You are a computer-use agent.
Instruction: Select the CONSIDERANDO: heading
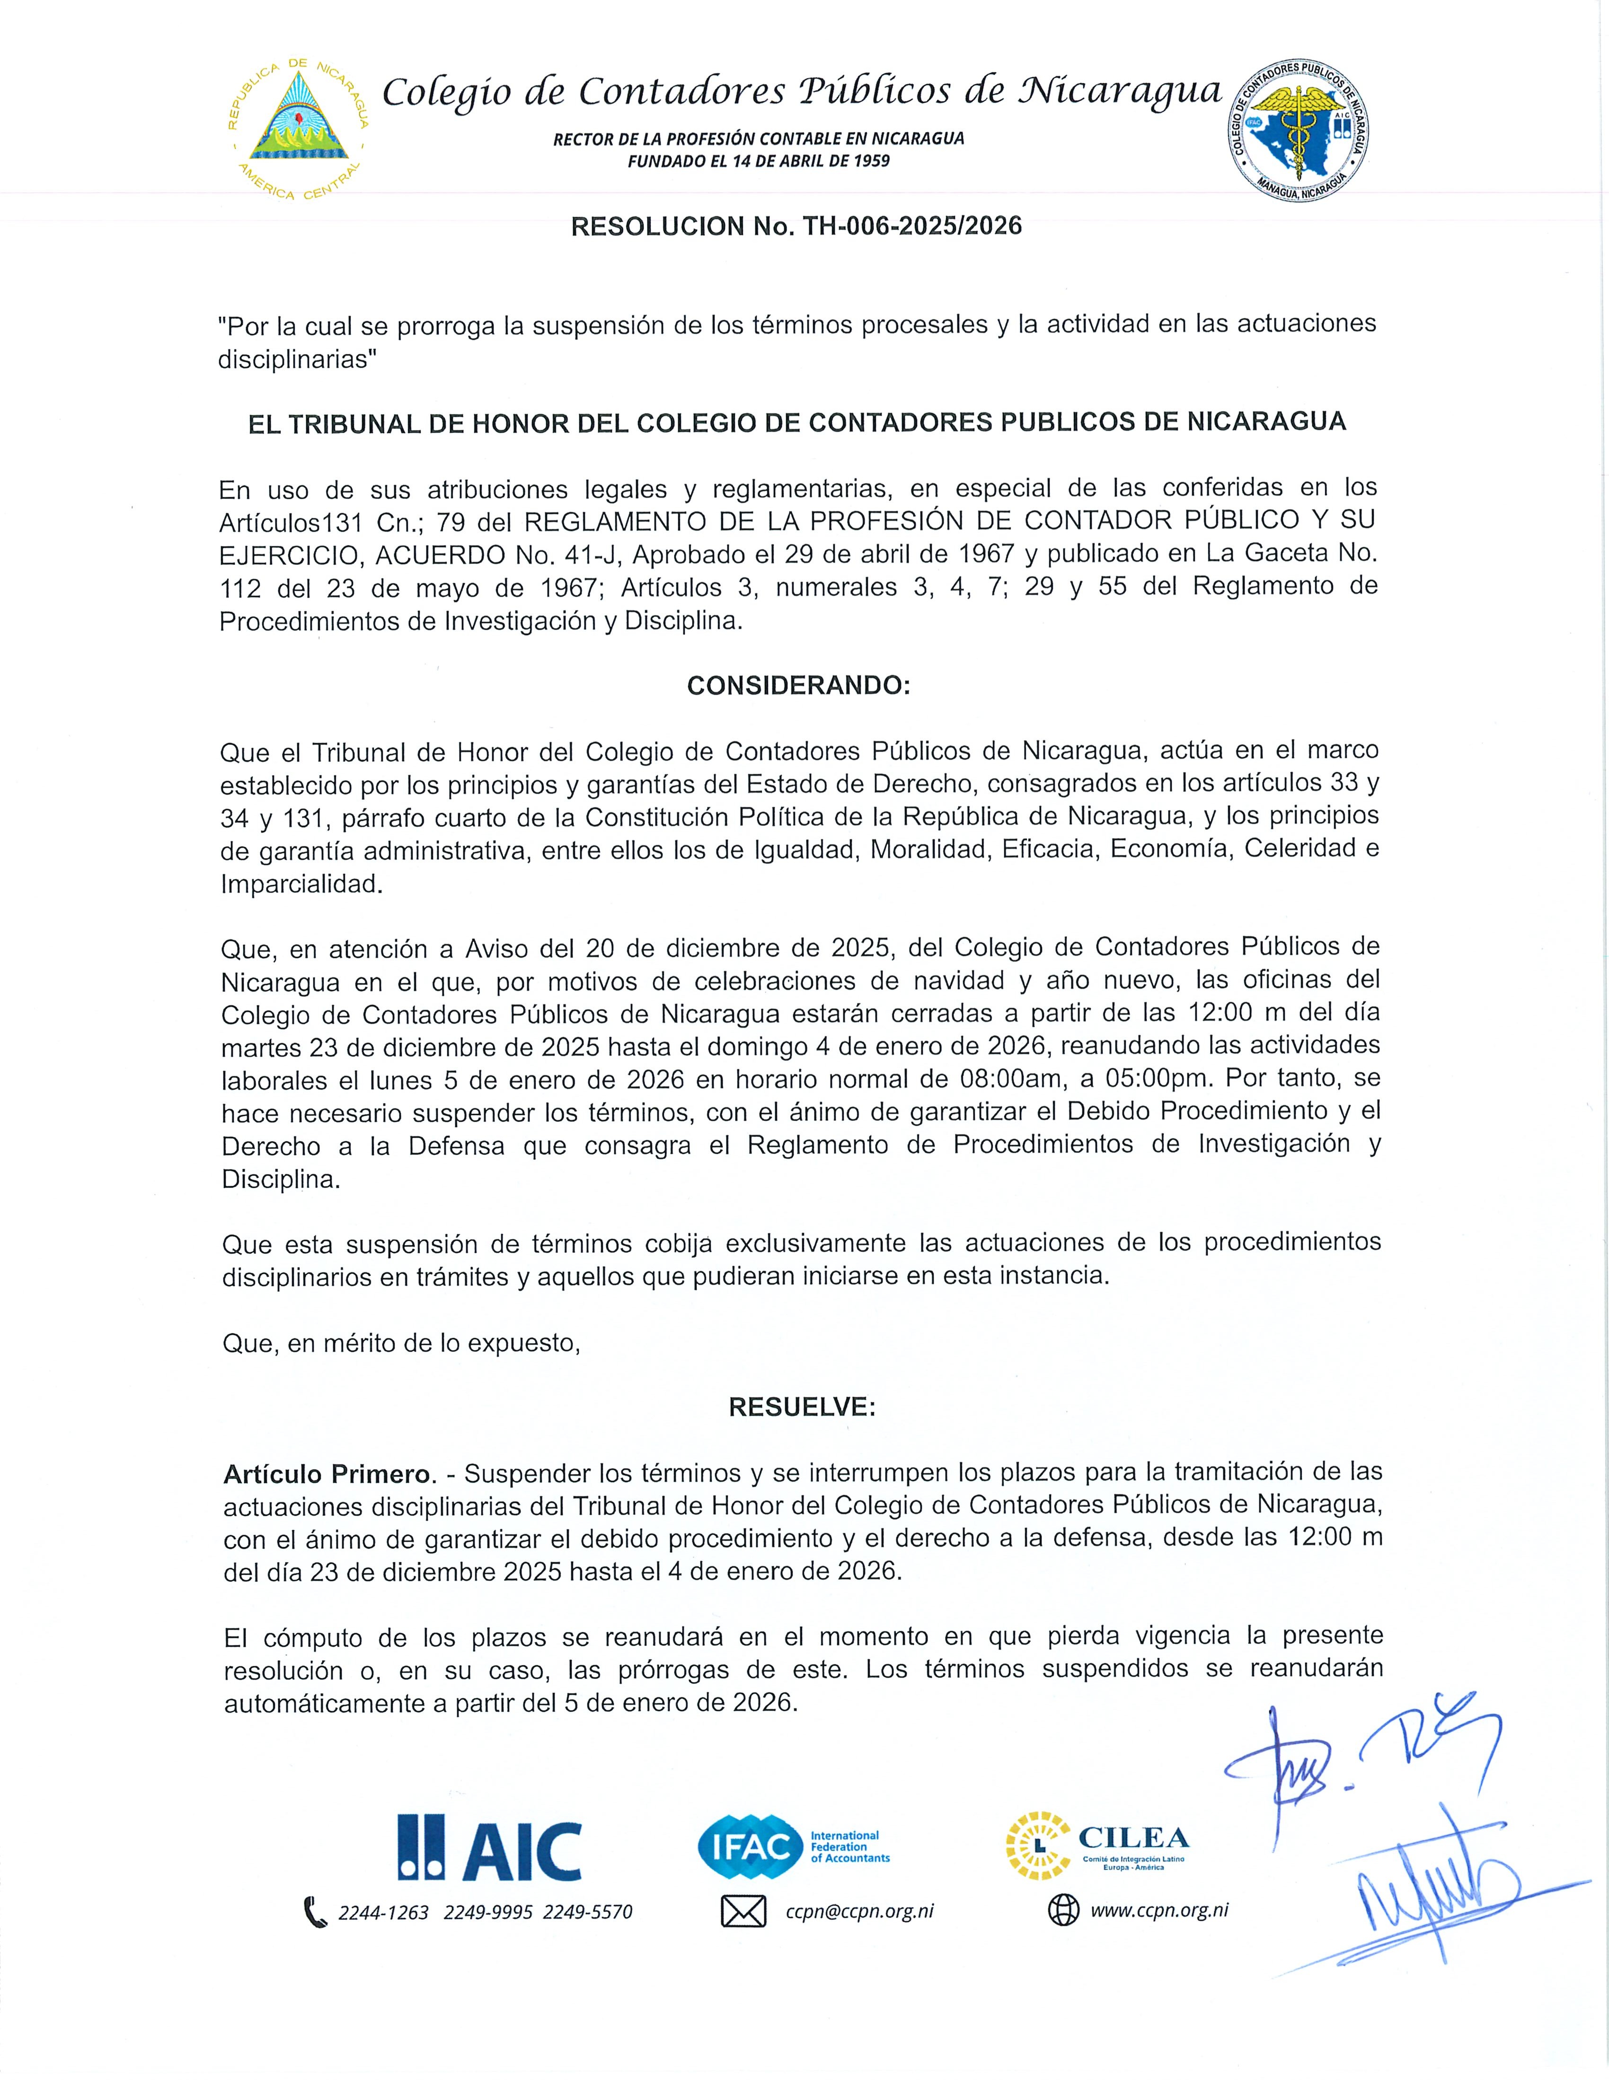pos(799,686)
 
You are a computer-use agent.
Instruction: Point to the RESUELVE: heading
pos(802,1408)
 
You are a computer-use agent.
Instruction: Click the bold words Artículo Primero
pos(327,1474)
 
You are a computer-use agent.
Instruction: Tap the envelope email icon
pos(743,1911)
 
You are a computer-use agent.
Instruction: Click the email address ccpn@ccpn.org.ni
pos(859,1911)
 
